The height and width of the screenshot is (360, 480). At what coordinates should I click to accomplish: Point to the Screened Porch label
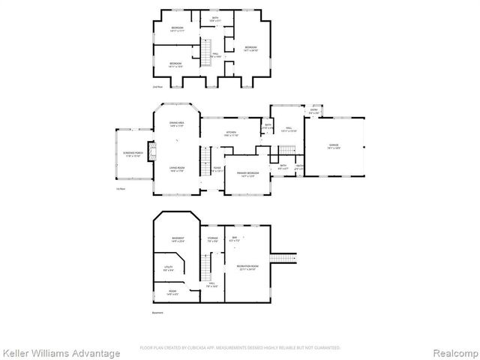(x=133, y=154)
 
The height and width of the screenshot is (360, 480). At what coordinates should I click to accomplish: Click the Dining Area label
(x=177, y=123)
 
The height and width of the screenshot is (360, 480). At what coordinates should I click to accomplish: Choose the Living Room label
(x=177, y=170)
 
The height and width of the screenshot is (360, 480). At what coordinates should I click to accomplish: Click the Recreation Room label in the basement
(x=247, y=267)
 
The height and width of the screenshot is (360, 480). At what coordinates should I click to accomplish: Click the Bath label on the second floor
(x=215, y=19)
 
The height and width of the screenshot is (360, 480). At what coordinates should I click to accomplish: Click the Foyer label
(x=217, y=169)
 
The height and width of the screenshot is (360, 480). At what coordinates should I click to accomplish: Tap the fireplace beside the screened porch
(x=151, y=151)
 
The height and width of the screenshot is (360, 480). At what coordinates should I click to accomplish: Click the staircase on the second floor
(x=205, y=50)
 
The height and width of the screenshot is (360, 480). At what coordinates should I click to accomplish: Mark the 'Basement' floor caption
(x=157, y=313)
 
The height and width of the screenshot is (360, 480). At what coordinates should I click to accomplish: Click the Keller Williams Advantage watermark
(x=61, y=352)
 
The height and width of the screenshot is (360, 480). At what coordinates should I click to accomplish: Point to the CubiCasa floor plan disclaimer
(x=240, y=348)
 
